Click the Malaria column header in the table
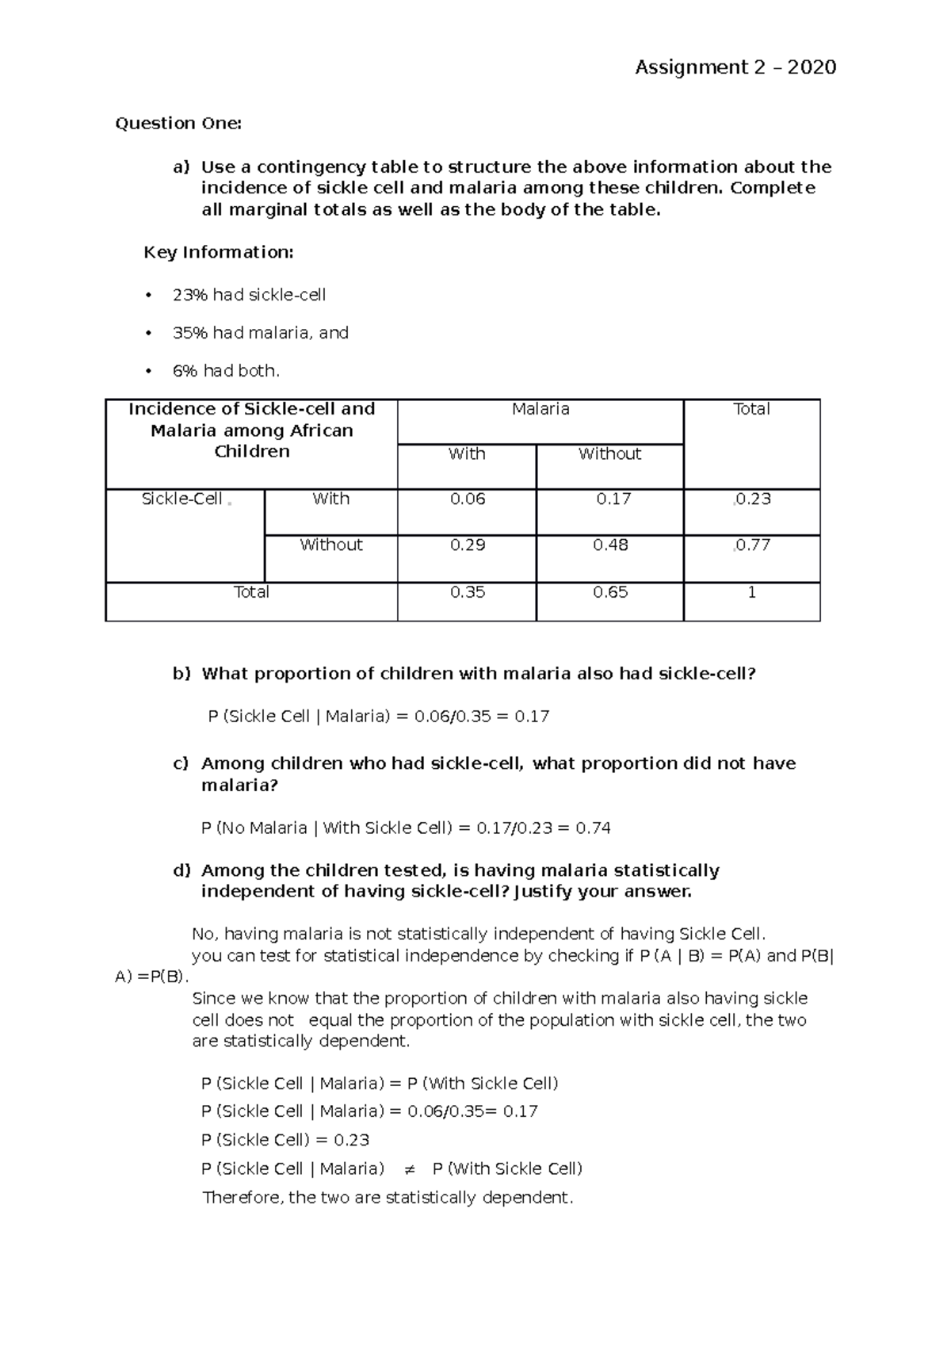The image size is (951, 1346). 540,410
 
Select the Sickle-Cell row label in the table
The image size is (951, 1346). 182,499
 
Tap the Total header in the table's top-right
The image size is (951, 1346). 751,410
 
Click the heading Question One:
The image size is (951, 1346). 178,124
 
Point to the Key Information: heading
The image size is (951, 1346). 218,253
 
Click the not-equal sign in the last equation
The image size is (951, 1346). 409,1169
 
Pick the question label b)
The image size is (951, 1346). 182,674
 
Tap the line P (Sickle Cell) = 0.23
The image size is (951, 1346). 285,1141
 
